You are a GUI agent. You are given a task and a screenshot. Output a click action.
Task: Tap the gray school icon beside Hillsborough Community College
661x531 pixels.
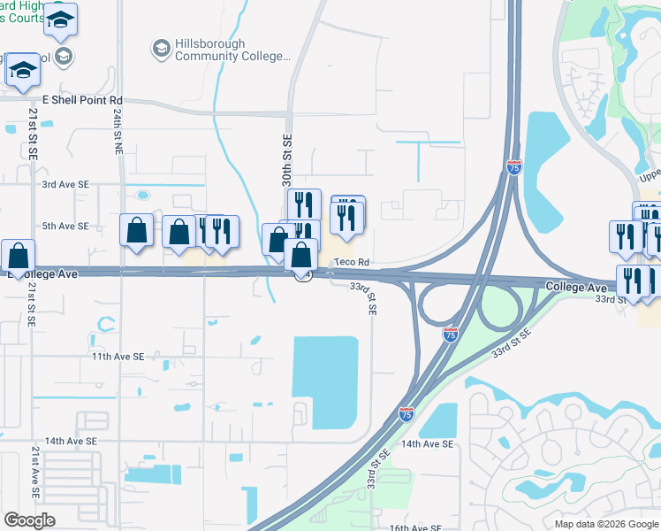(162, 48)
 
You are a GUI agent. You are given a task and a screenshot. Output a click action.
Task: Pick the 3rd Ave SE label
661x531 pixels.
(66, 184)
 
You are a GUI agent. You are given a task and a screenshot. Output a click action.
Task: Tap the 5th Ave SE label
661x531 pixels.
(66, 226)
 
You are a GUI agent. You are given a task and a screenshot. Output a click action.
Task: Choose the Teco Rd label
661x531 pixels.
(351, 263)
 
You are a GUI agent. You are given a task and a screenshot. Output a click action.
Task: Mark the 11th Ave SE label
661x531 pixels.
(119, 357)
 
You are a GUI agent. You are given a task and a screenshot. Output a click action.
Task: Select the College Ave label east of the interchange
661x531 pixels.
(576, 288)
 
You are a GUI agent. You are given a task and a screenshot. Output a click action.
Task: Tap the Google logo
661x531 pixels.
(29, 520)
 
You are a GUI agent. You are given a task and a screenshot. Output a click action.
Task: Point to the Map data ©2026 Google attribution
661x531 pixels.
(607, 524)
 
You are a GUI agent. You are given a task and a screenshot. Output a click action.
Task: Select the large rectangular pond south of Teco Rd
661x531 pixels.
(325, 381)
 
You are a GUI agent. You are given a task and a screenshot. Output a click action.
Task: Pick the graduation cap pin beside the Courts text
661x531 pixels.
(60, 20)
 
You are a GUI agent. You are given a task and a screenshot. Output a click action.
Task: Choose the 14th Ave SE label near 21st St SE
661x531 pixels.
(68, 440)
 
